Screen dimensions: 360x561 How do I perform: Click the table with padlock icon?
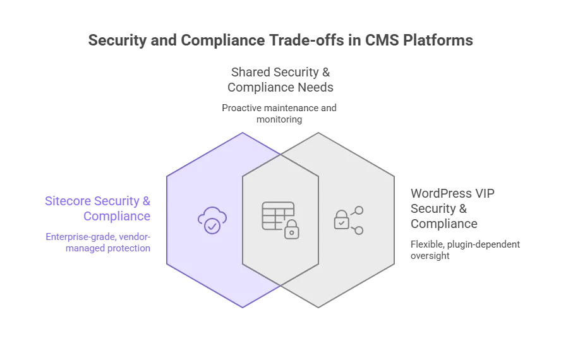point(280,219)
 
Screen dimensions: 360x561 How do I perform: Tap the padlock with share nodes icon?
point(348,220)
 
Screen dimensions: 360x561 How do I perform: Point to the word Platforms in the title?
point(437,40)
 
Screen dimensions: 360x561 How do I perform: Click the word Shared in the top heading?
point(251,73)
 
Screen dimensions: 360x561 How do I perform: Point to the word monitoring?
point(279,119)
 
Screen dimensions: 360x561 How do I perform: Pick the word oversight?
point(430,256)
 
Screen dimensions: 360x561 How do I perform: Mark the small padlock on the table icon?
point(291,230)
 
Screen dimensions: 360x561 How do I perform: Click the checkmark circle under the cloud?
point(212,225)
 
